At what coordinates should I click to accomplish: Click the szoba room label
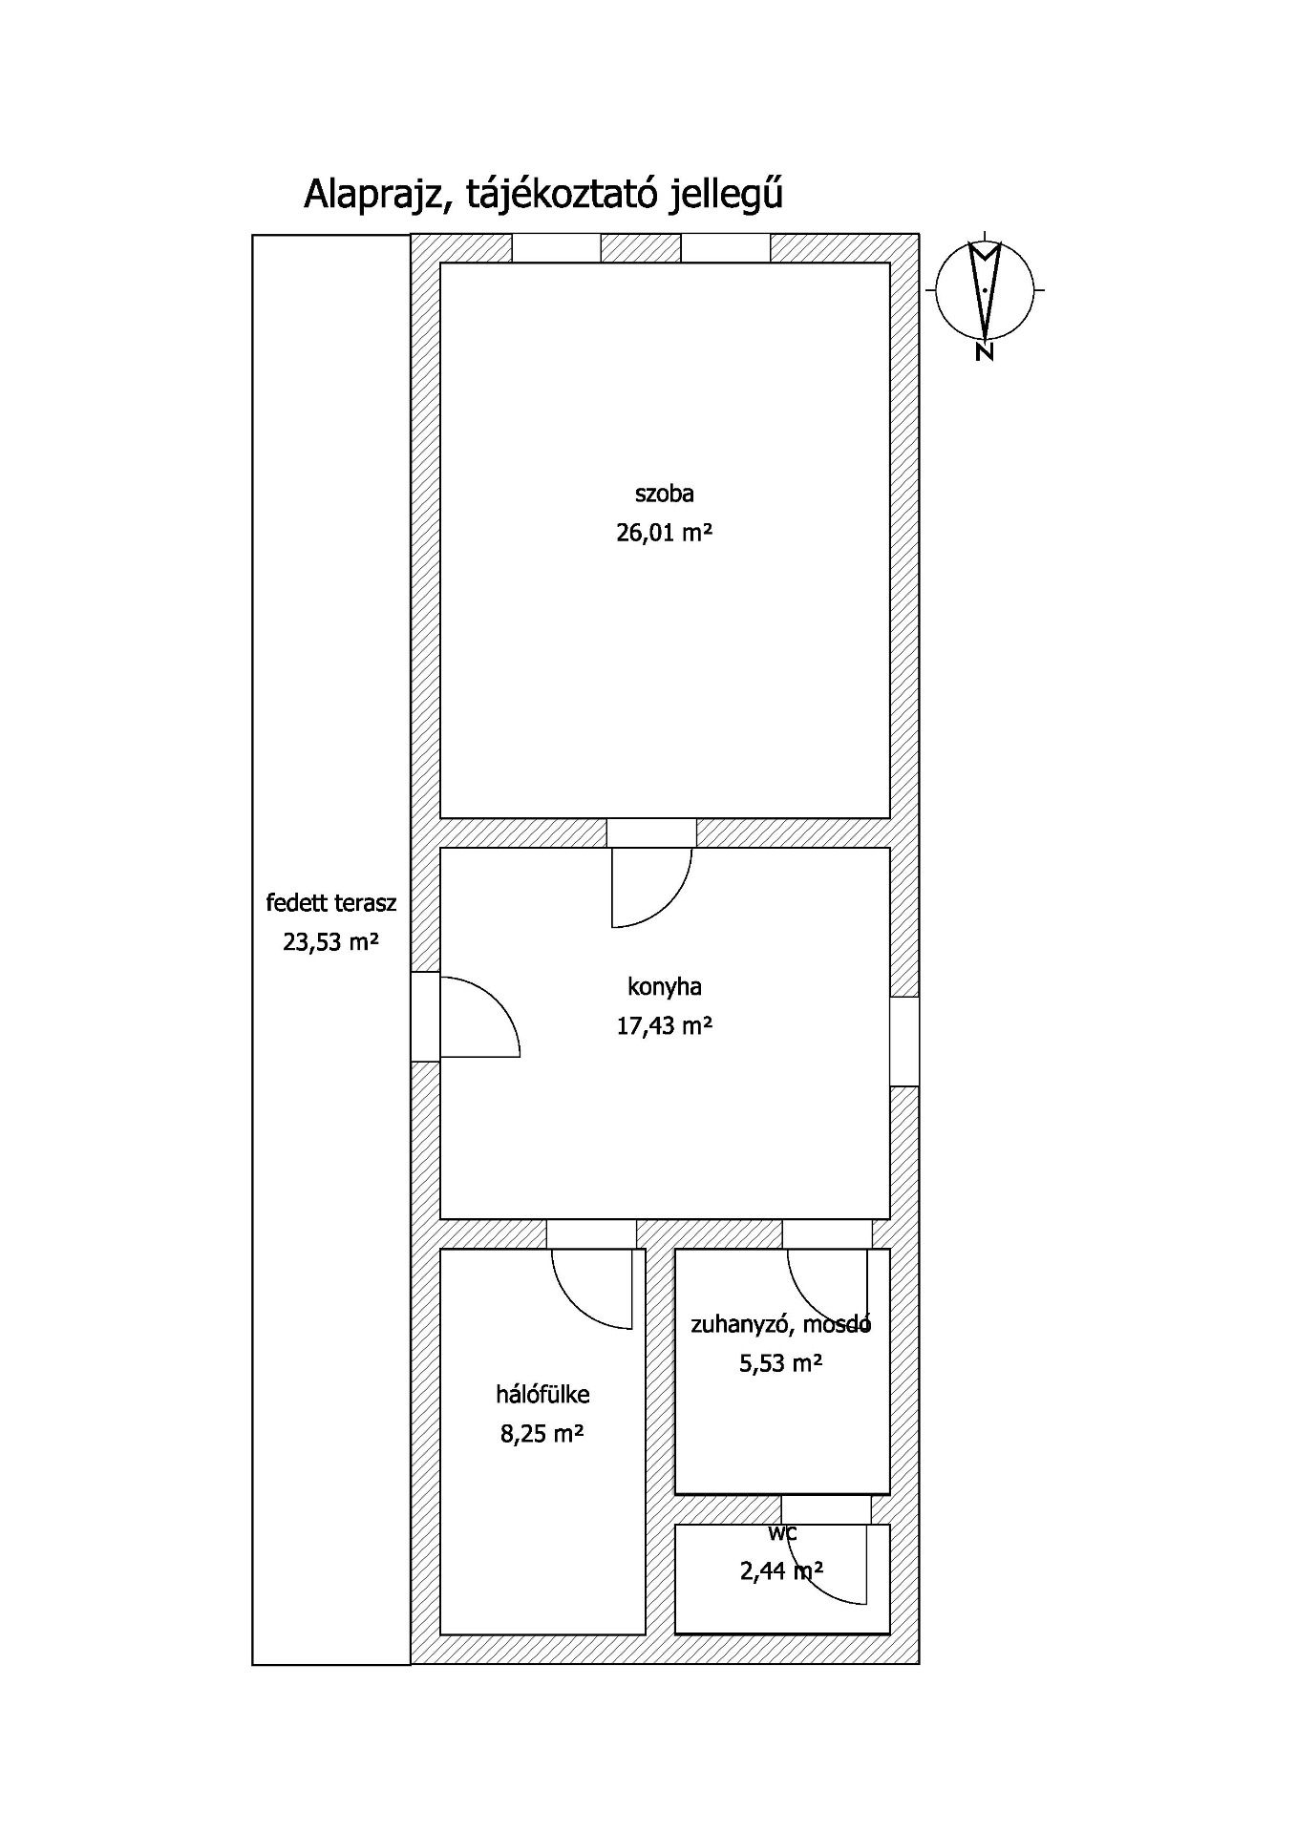coord(664,494)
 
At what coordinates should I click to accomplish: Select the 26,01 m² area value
coord(664,533)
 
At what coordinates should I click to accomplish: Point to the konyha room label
coord(664,986)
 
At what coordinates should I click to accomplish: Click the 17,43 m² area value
coord(664,1026)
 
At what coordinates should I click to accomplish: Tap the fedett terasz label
coord(330,903)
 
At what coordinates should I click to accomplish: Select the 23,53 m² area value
coord(330,943)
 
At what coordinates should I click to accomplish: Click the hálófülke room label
coord(542,1394)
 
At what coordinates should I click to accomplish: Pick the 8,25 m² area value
coord(542,1434)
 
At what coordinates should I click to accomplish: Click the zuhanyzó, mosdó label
coord(780,1324)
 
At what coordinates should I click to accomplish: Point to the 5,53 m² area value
coord(780,1363)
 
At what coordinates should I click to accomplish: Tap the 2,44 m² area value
coord(781,1570)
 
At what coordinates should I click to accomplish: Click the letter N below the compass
coord(985,352)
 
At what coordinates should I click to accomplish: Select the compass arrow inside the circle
coord(985,286)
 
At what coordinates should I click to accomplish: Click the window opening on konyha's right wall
coord(904,1042)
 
